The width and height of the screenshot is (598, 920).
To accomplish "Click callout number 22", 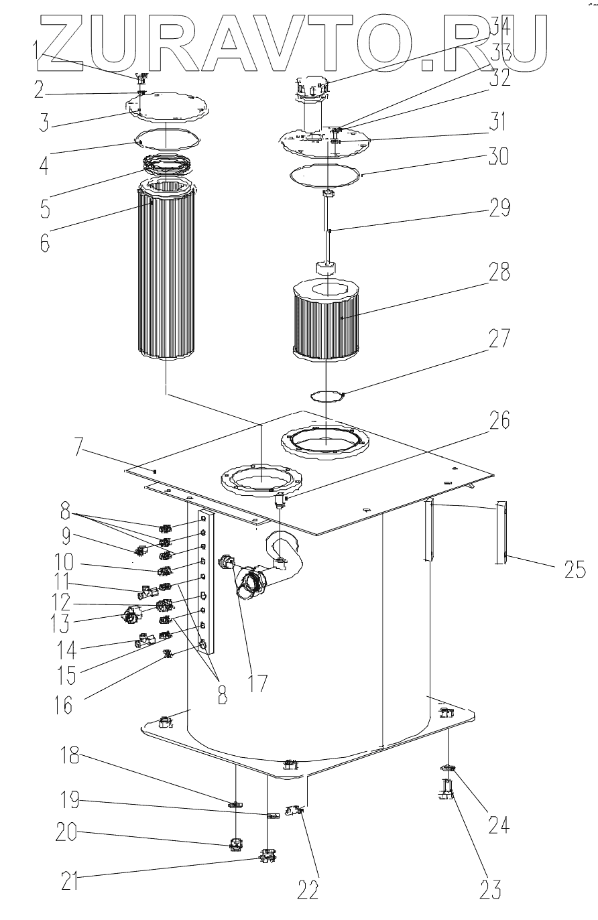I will click(x=308, y=888).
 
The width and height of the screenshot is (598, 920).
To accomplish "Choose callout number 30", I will click(x=499, y=156).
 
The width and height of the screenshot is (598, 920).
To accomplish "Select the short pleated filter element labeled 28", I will click(x=324, y=318).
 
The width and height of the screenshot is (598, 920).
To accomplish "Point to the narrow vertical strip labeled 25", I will click(x=501, y=533).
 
